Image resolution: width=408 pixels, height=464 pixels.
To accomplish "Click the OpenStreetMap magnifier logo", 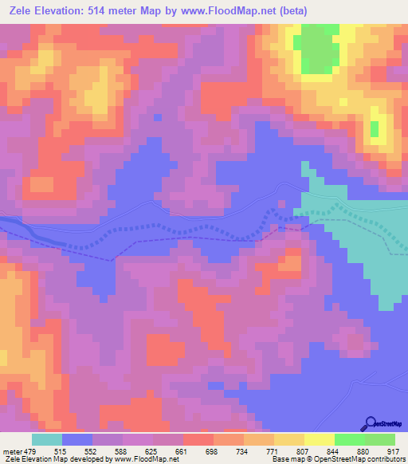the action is (372, 425).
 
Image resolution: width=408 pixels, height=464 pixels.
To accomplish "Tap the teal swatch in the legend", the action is (47, 439).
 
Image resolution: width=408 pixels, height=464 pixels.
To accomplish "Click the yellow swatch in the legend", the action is (319, 439).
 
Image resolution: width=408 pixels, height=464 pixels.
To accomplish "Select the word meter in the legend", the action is (13, 450).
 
